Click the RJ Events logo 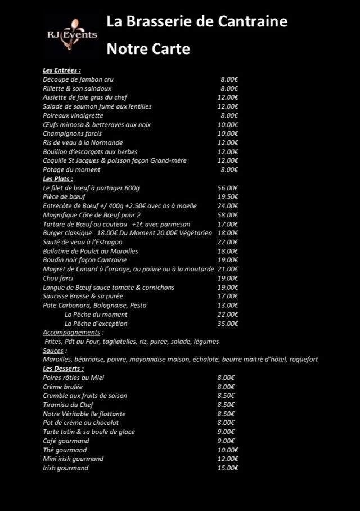[71, 34]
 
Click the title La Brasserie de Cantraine [197, 22]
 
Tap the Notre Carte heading [148, 50]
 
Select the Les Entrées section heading [62, 70]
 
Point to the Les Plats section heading [58, 178]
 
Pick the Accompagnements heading [71, 333]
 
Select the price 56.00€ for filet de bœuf [228, 188]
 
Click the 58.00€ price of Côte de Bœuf [228, 215]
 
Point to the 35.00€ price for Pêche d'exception [228, 324]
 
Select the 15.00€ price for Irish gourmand [228, 468]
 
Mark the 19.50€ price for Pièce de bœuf [228, 197]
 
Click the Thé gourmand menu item [65, 450]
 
